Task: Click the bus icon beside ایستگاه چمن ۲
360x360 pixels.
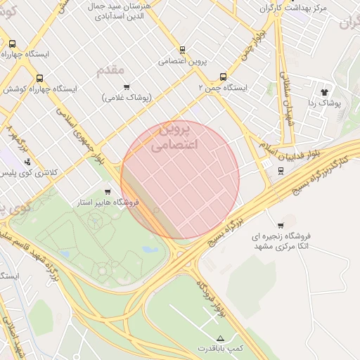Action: click(x=223, y=77)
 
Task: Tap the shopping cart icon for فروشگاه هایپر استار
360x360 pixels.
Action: click(x=108, y=191)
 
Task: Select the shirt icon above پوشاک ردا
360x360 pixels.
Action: click(x=324, y=92)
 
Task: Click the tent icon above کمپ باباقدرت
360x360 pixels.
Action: click(x=221, y=338)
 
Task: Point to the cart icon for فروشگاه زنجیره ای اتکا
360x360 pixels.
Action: click(x=281, y=226)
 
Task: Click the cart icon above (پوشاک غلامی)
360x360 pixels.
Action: click(x=127, y=87)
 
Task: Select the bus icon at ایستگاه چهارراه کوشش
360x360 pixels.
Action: click(x=39, y=79)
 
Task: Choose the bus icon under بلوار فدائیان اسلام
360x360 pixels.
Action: click(x=281, y=171)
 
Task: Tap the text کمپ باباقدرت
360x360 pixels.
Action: click(x=221, y=349)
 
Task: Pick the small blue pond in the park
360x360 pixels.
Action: click(x=150, y=249)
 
